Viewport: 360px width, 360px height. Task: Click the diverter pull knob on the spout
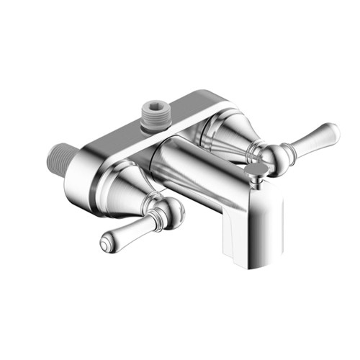coord(253,168)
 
